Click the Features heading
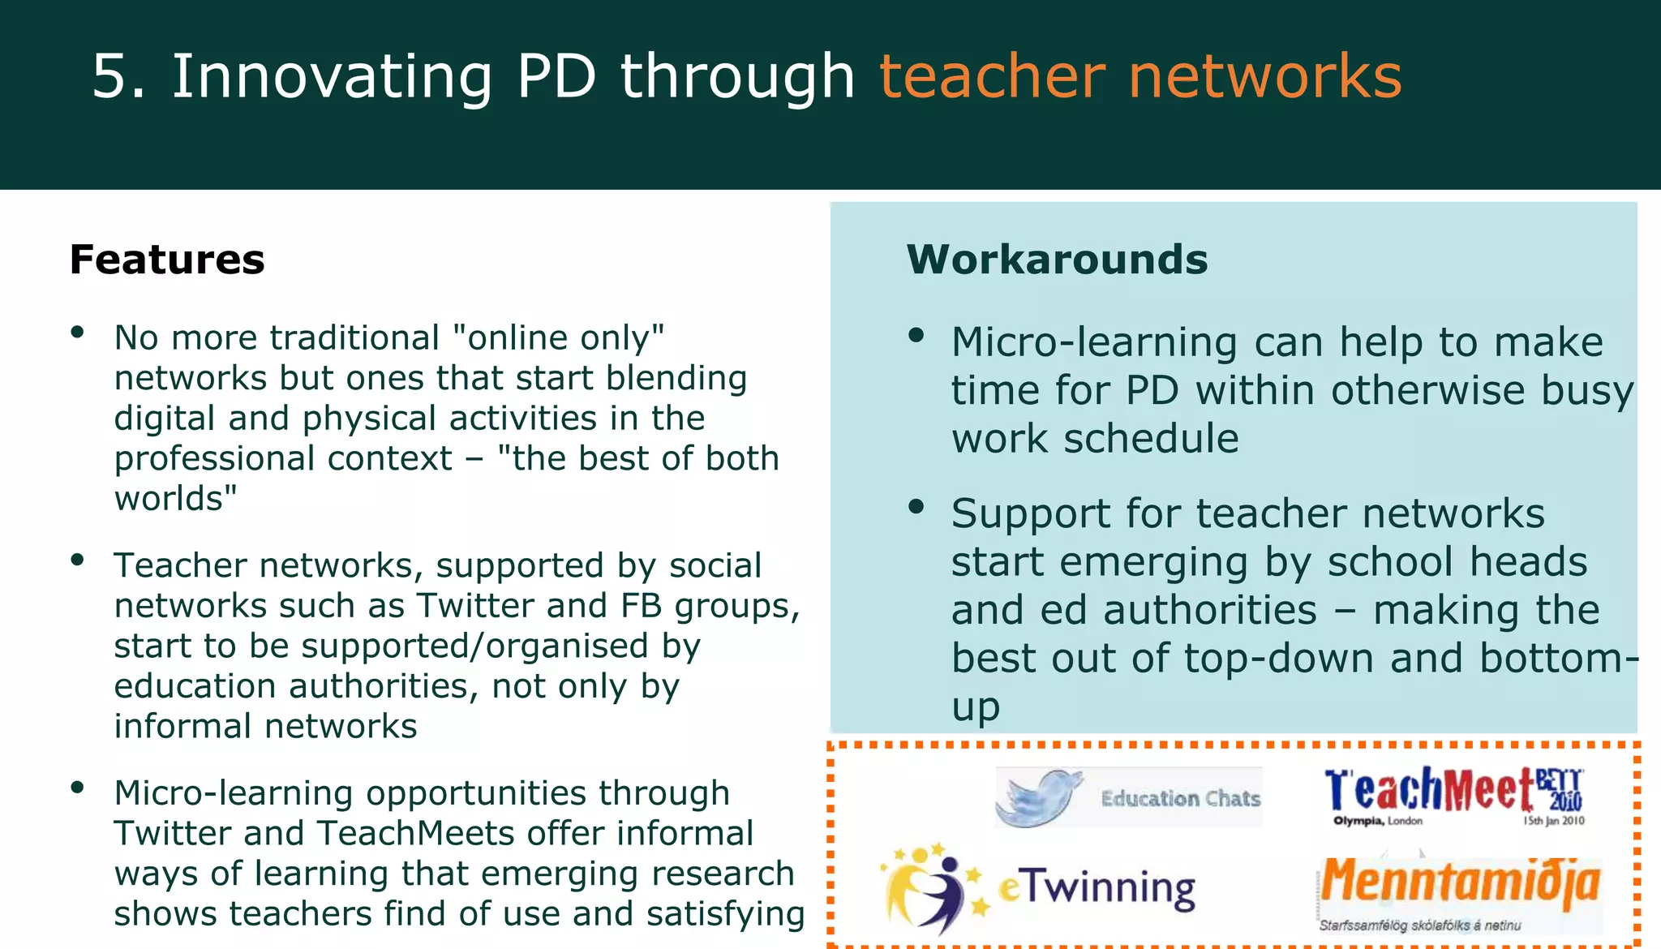(x=167, y=260)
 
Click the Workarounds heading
(x=1057, y=260)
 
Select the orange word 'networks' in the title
(x=1265, y=76)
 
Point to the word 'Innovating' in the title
(x=332, y=76)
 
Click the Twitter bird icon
(x=1039, y=797)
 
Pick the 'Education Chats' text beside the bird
(x=1180, y=799)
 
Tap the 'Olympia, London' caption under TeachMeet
(x=1377, y=821)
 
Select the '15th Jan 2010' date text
(x=1553, y=821)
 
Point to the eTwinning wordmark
(x=1097, y=888)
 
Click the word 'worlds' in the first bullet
(x=170, y=499)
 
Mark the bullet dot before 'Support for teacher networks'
(x=916, y=507)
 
